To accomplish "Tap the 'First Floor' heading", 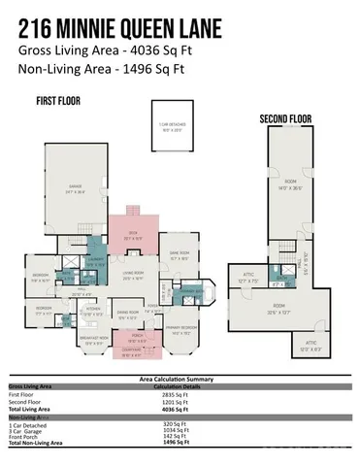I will click(x=57, y=101).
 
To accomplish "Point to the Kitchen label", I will click(x=91, y=313).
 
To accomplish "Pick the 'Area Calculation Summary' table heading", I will click(x=180, y=378).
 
